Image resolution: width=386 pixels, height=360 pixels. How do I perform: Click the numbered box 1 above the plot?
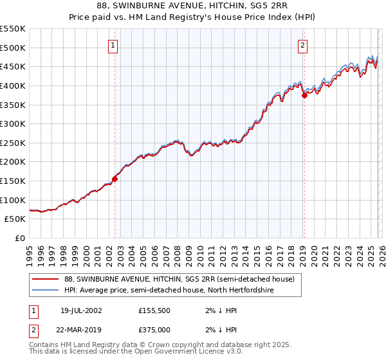point(113,45)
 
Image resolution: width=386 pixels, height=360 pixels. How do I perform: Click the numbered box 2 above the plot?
point(302,45)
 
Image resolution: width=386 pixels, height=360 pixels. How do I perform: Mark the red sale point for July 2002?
point(115,179)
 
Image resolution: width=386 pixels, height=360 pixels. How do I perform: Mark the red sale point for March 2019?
point(304,95)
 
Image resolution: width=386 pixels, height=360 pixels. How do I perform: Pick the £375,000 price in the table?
point(158,328)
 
